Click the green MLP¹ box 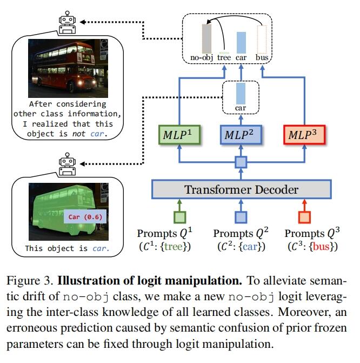pyautogui.click(x=179, y=134)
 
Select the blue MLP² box pyautogui.click(x=241, y=134)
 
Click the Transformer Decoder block pyautogui.click(x=241, y=189)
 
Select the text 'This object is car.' pyautogui.click(x=67, y=249)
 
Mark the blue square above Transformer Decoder pyautogui.click(x=241, y=161)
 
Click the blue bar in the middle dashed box pyautogui.click(x=241, y=93)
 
